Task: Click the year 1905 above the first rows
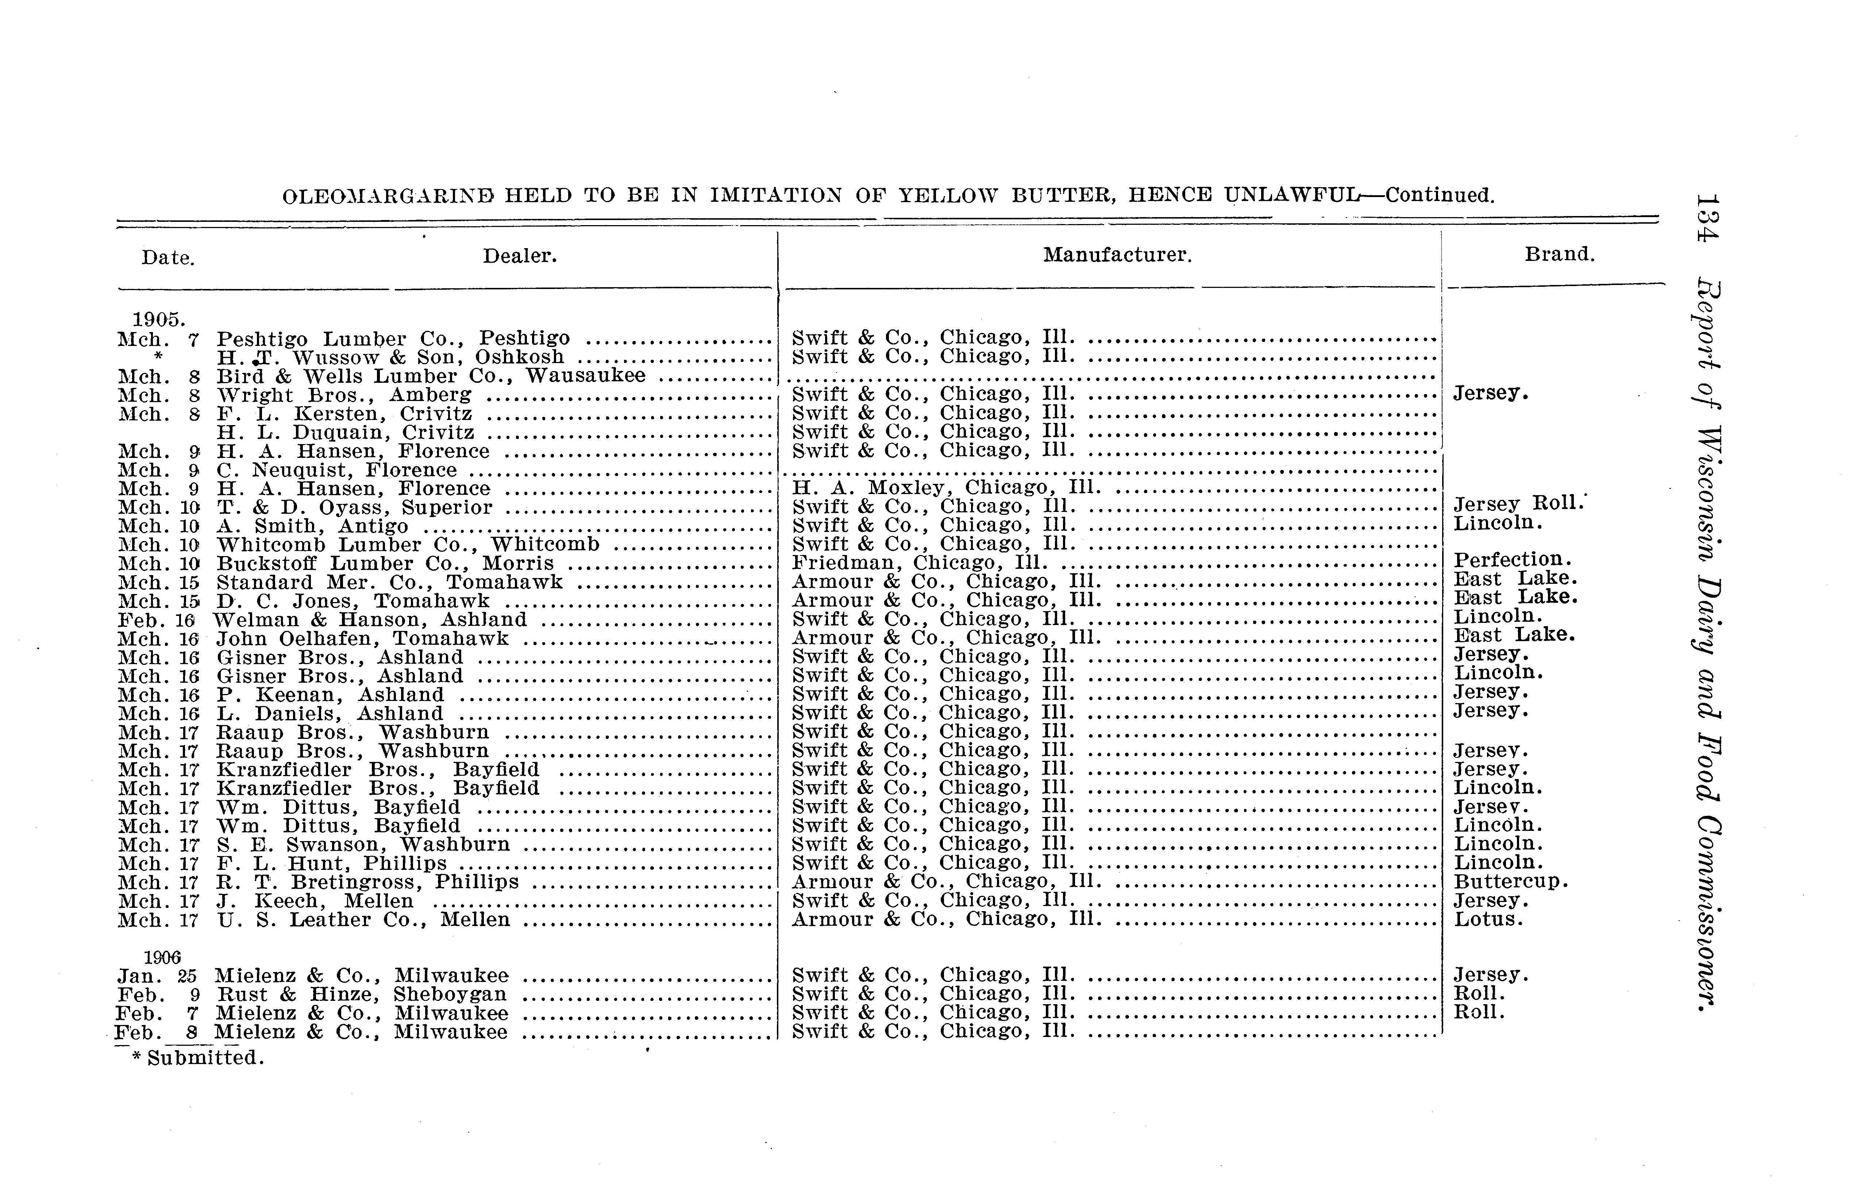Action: [158, 319]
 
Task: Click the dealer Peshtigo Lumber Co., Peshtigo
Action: [393, 339]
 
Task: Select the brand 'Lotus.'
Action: [1488, 920]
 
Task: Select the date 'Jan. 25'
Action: [157, 976]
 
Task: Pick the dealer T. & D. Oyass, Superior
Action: [354, 507]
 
